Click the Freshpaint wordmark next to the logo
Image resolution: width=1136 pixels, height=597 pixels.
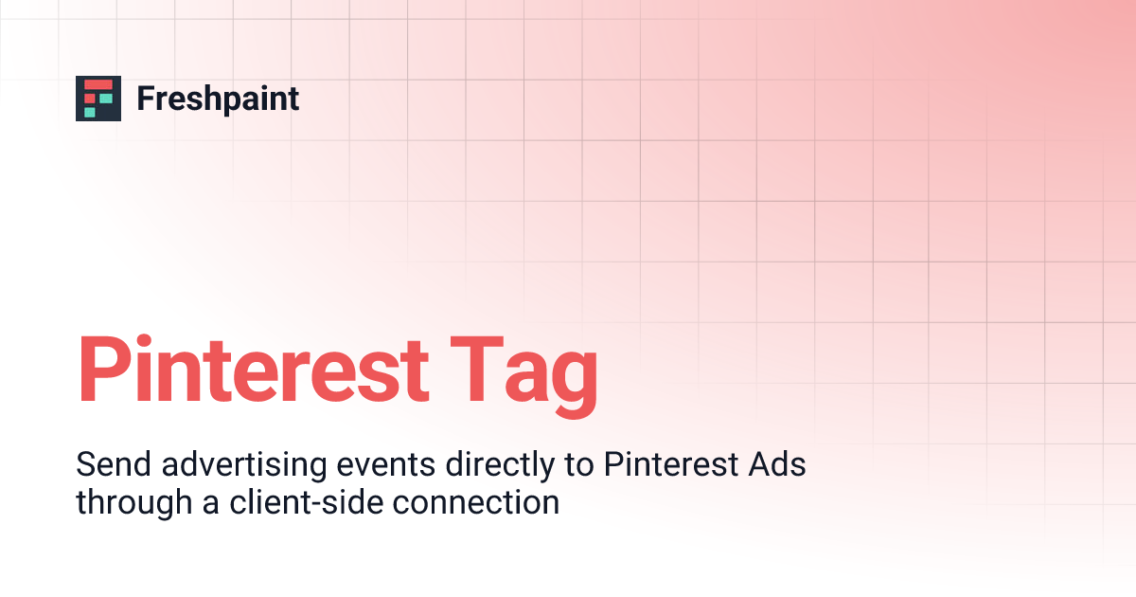218,99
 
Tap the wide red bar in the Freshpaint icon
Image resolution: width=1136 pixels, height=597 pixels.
98,85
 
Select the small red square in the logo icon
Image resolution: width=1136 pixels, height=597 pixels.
91,98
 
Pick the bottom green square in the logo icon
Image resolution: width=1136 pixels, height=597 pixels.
90,111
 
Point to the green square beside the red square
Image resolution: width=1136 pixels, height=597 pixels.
105,98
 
